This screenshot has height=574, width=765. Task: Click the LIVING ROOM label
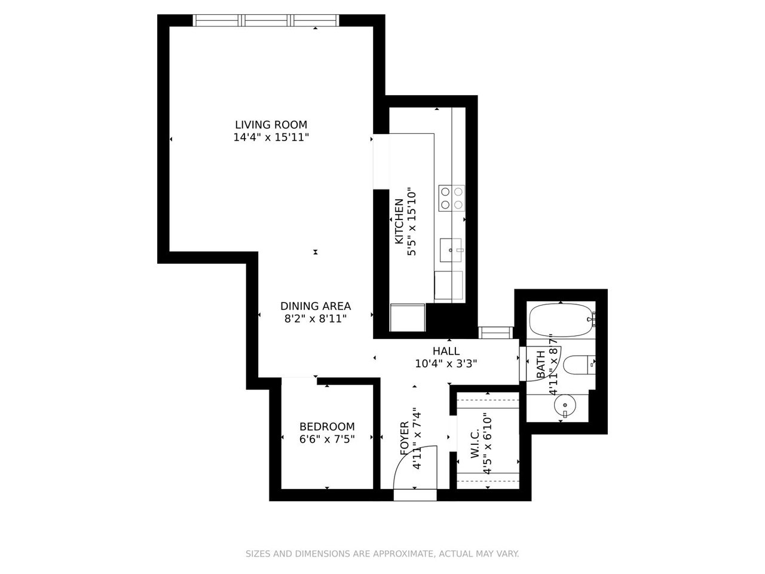click(271, 124)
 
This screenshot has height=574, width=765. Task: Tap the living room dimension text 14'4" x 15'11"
click(271, 138)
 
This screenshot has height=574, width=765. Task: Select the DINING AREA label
click(316, 306)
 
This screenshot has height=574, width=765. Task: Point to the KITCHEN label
click(399, 221)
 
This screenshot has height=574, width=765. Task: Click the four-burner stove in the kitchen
click(451, 198)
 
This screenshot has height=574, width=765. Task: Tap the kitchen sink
click(451, 250)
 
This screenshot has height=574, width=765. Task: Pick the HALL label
click(446, 351)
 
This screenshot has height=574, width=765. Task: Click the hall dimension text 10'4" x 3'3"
click(446, 364)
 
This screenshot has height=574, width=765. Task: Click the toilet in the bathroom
click(579, 365)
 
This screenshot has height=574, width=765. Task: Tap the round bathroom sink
click(565, 405)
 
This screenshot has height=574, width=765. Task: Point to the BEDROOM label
click(327, 426)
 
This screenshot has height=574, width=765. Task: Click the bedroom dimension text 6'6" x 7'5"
click(327, 439)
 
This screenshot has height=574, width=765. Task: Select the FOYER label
click(404, 438)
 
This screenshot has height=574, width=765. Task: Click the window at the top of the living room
click(265, 20)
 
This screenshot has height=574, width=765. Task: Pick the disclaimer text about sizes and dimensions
click(382, 554)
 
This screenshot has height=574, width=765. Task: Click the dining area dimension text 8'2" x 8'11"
click(316, 319)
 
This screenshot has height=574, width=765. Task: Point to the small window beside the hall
click(495, 332)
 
